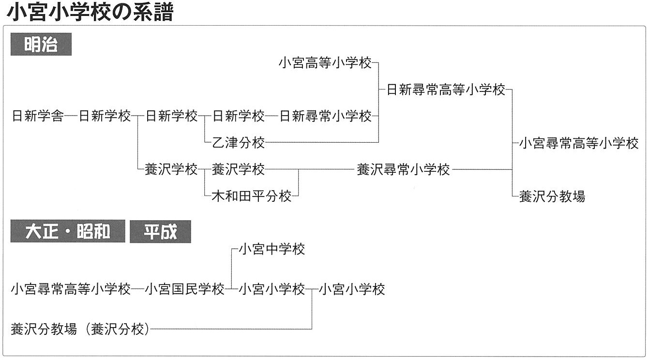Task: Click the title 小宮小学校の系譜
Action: (90, 13)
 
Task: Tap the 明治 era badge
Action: (41, 45)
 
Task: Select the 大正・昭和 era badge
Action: (68, 231)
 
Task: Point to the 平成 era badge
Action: (160, 231)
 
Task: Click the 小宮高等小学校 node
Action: (325, 62)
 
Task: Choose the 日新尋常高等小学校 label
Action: (446, 90)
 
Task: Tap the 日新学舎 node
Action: (38, 116)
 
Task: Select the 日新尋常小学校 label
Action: (325, 116)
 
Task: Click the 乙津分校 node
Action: (238, 142)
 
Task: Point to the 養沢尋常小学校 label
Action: (403, 169)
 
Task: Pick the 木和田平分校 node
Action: (252, 196)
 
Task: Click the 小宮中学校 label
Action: (272, 249)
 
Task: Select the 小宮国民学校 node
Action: (184, 289)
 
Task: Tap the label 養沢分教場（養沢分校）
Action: (80, 329)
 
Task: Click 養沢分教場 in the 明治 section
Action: (552, 196)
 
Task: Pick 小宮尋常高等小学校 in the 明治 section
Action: (579, 143)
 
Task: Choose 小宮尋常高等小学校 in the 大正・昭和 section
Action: (71, 289)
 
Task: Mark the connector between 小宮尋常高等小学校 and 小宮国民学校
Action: (137, 289)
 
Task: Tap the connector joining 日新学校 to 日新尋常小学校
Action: (272, 117)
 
